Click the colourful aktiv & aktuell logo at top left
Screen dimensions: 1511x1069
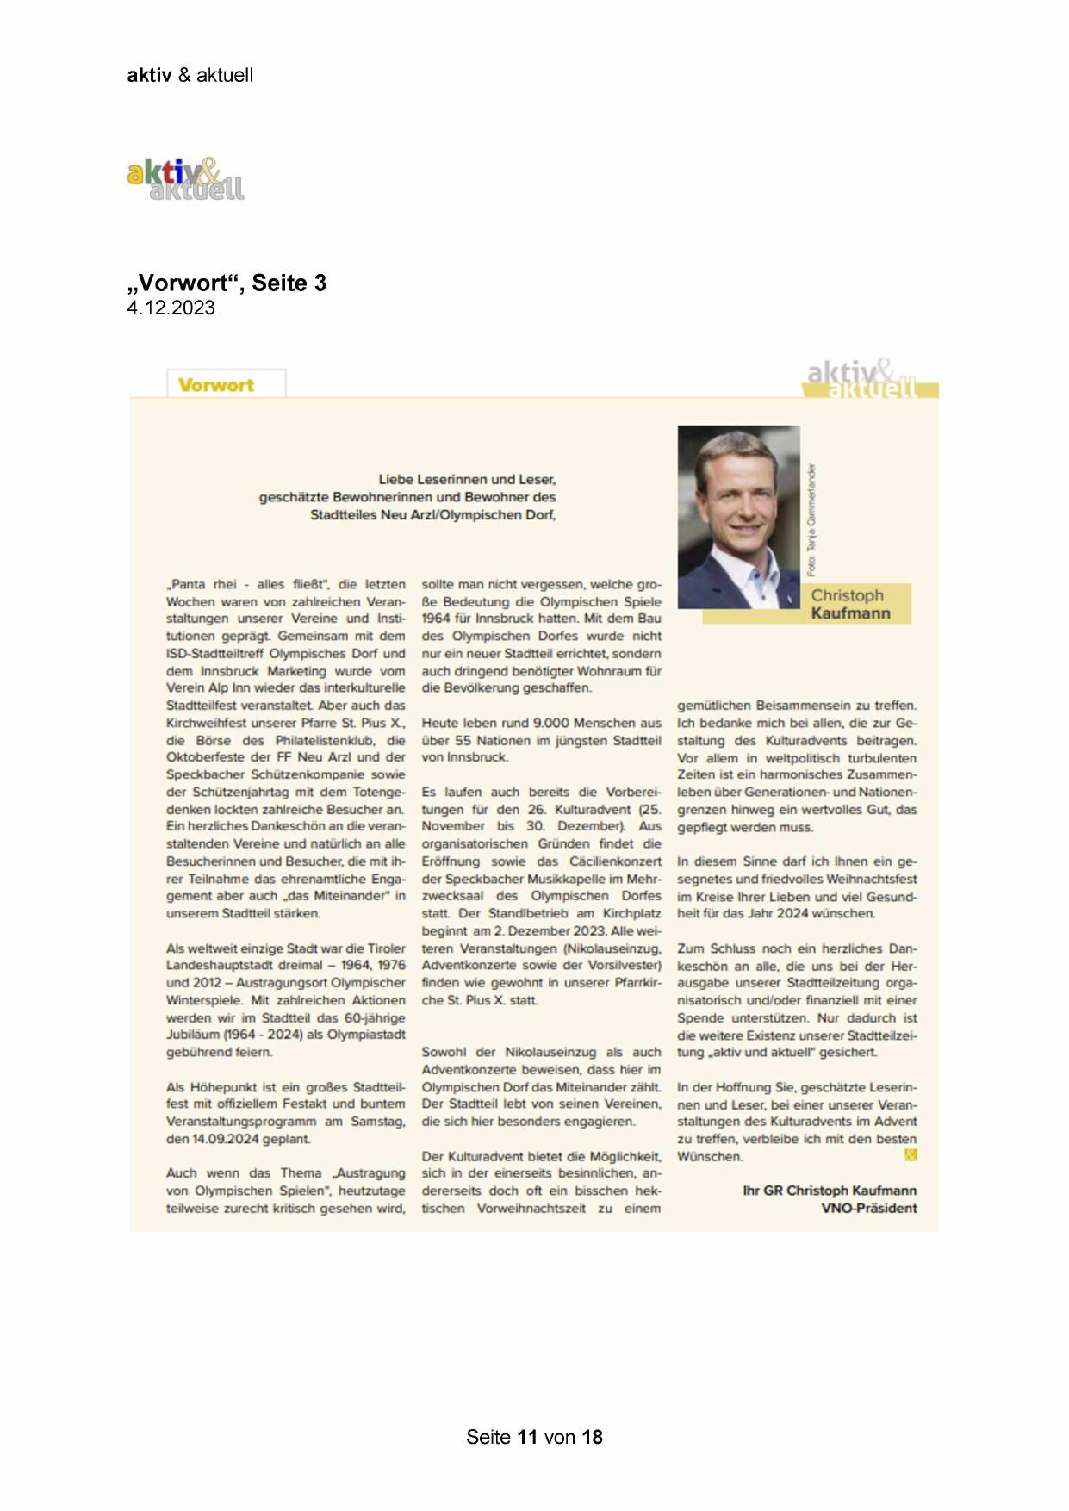click(185, 179)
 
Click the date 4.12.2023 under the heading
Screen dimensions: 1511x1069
click(171, 308)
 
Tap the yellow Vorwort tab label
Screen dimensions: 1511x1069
click(215, 385)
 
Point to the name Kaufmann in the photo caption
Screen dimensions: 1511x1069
click(849, 613)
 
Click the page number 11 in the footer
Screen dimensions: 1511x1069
click(527, 1437)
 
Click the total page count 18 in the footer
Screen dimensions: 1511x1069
click(592, 1437)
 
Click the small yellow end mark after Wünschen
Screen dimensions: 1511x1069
click(911, 1155)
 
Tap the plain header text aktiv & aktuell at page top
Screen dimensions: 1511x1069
click(190, 75)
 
